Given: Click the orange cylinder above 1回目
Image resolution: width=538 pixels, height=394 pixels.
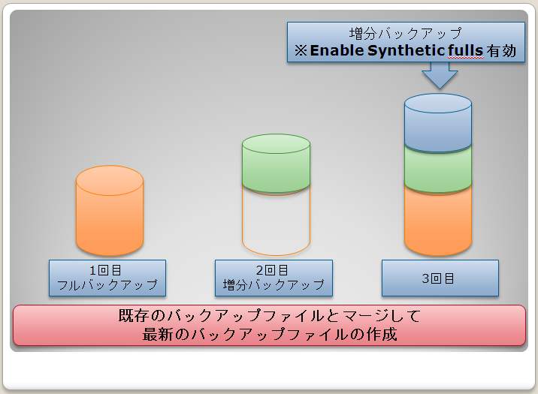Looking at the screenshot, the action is pyautogui.click(x=110, y=211).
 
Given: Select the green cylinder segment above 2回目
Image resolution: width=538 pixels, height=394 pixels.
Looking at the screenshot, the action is pyautogui.click(x=277, y=164).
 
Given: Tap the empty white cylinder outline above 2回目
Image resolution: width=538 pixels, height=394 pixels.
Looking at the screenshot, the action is pyautogui.click(x=277, y=223).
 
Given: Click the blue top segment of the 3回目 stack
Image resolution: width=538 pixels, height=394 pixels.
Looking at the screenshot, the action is pyautogui.click(x=438, y=122).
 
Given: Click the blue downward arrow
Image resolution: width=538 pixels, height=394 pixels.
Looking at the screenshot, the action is pyautogui.click(x=440, y=75).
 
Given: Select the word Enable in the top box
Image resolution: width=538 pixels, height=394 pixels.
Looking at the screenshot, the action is pyautogui.click(x=337, y=51).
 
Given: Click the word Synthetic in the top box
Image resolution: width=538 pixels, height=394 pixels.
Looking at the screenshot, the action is pyautogui.click(x=407, y=51).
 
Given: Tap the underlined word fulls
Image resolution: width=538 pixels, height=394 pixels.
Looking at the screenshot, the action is pyautogui.click(x=466, y=51).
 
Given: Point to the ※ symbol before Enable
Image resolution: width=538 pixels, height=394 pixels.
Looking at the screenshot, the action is pyautogui.click(x=301, y=51).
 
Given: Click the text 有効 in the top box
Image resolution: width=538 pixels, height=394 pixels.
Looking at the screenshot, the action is pyautogui.click(x=501, y=51).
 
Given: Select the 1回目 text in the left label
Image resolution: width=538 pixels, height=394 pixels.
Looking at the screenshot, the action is pyautogui.click(x=105, y=270).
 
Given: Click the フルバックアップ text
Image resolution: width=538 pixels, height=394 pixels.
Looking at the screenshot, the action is pyautogui.click(x=107, y=285).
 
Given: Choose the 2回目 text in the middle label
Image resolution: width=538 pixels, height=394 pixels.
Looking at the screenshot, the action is pyautogui.click(x=272, y=270).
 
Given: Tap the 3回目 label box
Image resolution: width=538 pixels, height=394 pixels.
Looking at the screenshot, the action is pyautogui.click(x=440, y=278).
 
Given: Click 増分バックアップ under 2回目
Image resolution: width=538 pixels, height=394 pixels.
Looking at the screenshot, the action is pyautogui.click(x=274, y=285).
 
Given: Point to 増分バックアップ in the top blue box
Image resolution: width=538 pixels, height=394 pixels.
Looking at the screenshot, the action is pyautogui.click(x=406, y=34).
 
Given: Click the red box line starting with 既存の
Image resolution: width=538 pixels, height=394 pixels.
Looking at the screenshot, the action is pyautogui.click(x=269, y=315).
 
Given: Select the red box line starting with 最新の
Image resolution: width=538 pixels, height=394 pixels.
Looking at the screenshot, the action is pyautogui.click(x=270, y=334).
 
